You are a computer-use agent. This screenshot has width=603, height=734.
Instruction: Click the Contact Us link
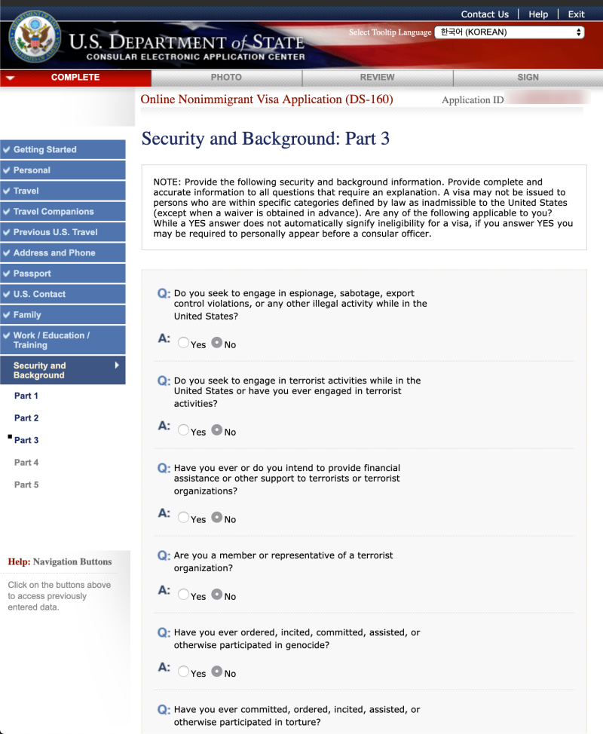tap(485, 14)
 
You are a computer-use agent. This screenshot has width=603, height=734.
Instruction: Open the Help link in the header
tap(538, 14)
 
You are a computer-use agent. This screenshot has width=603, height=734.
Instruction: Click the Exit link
tap(576, 14)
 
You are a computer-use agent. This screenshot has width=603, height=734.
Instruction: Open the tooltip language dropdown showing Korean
tap(510, 32)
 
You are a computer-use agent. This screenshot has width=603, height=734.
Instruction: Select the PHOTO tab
tap(226, 78)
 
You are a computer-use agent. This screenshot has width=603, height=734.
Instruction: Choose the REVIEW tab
tap(377, 78)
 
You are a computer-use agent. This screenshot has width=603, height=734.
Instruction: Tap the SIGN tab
tap(528, 78)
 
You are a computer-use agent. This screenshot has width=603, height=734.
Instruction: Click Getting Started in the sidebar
tap(45, 150)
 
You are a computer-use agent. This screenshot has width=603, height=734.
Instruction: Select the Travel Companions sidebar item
tap(54, 212)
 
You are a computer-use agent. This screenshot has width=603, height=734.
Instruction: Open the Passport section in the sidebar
tap(32, 274)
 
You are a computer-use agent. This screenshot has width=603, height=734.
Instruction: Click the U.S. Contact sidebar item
tap(39, 294)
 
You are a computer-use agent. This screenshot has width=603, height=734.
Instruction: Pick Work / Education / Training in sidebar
tap(51, 340)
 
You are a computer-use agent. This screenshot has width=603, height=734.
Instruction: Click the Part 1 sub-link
tap(26, 396)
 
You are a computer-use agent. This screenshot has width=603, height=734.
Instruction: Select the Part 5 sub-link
tap(26, 485)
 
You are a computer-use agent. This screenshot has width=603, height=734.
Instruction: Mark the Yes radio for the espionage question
tap(184, 343)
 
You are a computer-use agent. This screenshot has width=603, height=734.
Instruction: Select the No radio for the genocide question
tap(217, 671)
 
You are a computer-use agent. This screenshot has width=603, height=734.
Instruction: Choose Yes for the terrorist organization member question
tap(184, 595)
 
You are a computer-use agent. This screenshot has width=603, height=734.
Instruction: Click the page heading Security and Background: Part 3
tap(265, 139)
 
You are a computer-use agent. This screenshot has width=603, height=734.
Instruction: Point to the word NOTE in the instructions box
tap(166, 182)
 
